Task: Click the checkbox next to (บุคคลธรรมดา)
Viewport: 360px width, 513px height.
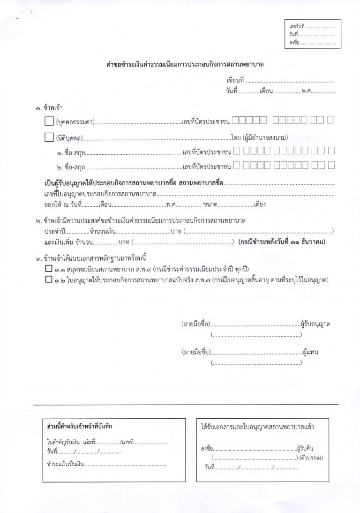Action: (x=49, y=121)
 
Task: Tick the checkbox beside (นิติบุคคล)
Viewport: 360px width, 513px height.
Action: (x=49, y=137)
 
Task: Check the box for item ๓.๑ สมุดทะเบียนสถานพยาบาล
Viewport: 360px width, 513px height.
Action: (x=48, y=269)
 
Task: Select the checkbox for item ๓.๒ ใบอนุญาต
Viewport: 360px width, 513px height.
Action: (x=48, y=280)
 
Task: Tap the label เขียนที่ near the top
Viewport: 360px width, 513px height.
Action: (x=236, y=81)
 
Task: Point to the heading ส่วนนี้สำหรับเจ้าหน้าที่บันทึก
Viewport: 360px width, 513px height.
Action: (x=80, y=426)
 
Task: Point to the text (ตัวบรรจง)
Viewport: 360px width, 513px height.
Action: (x=313, y=458)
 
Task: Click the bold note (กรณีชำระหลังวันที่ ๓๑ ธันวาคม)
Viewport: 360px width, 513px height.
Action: (x=282, y=242)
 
